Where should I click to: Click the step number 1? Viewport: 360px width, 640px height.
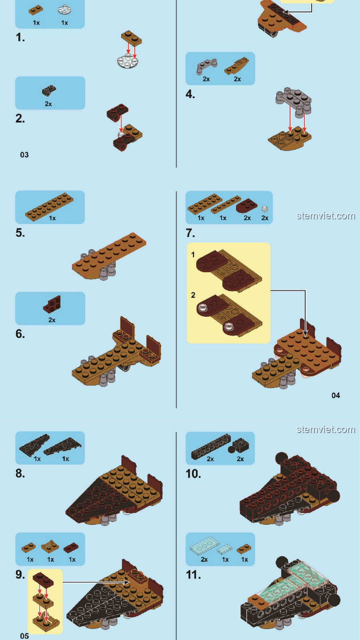point(20,37)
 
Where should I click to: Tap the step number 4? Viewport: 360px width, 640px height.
point(190,94)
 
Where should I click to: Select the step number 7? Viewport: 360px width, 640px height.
point(190,233)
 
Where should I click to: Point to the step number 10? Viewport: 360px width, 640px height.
point(193,474)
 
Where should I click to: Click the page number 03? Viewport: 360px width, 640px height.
point(24,155)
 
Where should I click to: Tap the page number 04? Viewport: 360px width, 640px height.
point(336,395)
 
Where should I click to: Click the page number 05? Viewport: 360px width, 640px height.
point(24,636)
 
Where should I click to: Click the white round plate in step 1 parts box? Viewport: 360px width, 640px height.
point(64,10)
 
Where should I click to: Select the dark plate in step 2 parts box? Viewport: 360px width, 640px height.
point(49,90)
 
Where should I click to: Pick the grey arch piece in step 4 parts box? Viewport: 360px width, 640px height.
point(206,66)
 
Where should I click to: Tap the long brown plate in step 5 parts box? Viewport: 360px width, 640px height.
point(49,207)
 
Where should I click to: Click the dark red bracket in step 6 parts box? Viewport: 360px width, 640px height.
point(52,304)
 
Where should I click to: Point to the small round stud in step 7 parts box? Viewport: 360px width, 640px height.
point(265,209)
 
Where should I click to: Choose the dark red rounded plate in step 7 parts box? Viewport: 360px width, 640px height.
point(247,206)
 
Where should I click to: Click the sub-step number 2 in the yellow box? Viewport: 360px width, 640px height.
point(193,295)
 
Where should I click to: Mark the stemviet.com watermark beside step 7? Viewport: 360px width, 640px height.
point(326,216)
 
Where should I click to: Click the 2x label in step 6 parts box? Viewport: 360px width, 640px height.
point(52,320)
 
